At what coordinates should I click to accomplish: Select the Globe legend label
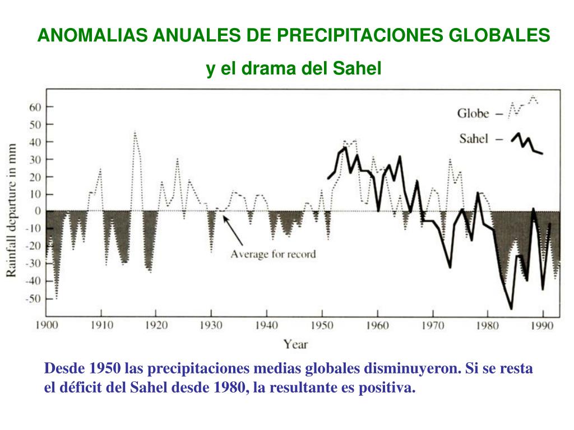(473, 114)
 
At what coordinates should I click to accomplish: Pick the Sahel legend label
(474, 139)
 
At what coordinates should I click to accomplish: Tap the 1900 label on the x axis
(47, 325)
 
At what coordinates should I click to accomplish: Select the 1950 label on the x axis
(321, 325)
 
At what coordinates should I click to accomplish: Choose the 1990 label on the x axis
(542, 325)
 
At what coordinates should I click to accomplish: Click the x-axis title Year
(295, 344)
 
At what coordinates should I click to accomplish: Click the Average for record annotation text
(273, 254)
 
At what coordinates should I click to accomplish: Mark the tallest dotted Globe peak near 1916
(135, 132)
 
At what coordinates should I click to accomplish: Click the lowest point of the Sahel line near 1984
(511, 308)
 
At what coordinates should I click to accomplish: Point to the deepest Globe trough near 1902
(56, 298)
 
